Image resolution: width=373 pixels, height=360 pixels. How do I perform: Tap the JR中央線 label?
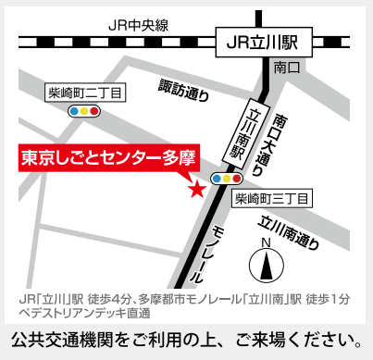point(140,25)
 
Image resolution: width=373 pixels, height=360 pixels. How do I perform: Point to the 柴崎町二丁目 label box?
point(86,92)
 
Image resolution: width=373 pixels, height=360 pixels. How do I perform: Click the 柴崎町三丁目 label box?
point(272,198)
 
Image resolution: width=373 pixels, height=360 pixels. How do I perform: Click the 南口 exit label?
point(284,67)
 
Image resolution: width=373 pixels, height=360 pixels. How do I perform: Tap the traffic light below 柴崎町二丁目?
point(86,110)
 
